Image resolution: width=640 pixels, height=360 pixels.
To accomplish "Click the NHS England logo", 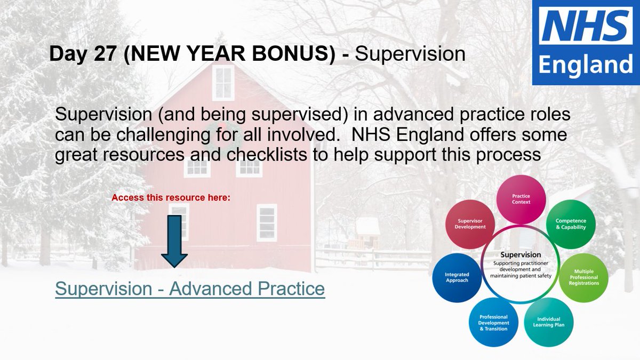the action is [586, 42].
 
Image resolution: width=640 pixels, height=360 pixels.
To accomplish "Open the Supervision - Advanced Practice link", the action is [190, 289].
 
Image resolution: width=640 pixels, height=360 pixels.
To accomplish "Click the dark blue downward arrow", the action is [174, 241].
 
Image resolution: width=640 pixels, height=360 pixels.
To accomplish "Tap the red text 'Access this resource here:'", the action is [171, 197].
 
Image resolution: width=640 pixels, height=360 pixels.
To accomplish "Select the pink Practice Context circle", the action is [521, 199].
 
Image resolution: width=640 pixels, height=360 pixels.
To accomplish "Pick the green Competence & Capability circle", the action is [571, 224].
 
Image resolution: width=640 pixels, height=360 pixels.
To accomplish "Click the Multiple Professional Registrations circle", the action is [583, 277].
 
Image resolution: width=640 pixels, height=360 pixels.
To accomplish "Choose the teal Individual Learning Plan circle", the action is [549, 322].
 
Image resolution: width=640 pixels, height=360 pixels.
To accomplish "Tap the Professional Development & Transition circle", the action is [493, 323].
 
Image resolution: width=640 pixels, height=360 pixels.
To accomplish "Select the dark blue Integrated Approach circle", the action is [457, 277].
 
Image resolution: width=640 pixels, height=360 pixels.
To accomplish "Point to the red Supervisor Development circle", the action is [470, 224].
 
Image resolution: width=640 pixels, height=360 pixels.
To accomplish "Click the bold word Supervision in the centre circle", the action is [521, 254].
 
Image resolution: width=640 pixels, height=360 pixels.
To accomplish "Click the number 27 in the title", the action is [105, 54].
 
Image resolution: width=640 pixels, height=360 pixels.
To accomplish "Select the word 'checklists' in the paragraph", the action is [267, 155].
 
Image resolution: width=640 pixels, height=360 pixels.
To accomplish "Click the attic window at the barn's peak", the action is [223, 83].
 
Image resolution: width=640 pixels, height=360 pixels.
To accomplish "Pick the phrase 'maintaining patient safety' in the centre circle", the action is [521, 276].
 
